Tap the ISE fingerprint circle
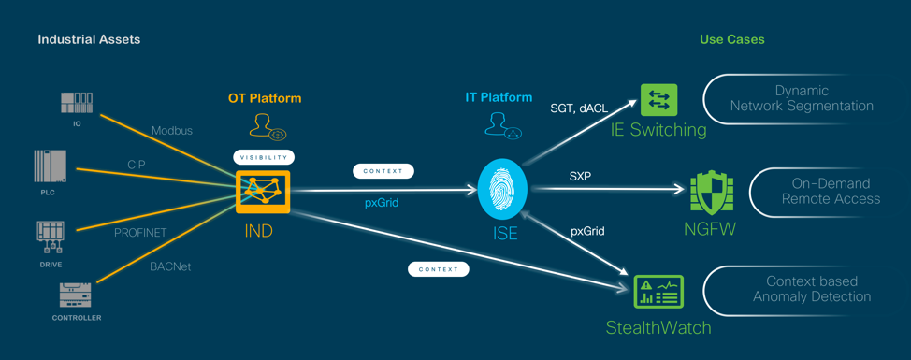tap(502, 189)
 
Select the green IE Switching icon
tap(658, 100)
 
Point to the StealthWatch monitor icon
tap(658, 292)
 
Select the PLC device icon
tap(50, 167)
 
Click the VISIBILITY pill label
tap(264, 157)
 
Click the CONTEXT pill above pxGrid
tap(383, 171)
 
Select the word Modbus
tap(172, 131)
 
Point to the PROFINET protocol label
tap(140, 232)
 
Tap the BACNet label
tap(171, 267)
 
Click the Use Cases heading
tap(732, 39)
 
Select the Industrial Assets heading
tap(89, 39)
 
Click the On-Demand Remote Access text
tap(831, 192)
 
